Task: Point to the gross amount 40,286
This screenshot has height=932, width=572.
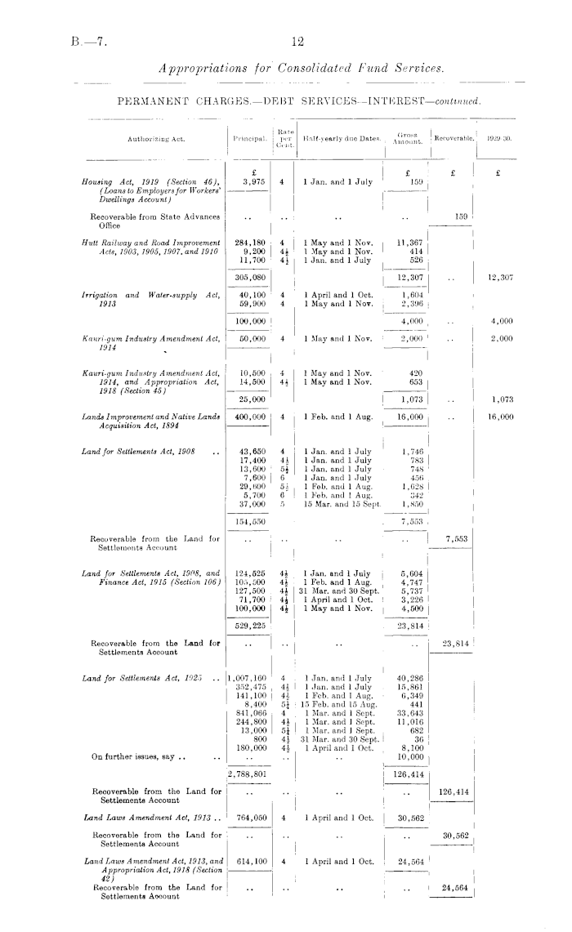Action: tap(408, 679)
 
